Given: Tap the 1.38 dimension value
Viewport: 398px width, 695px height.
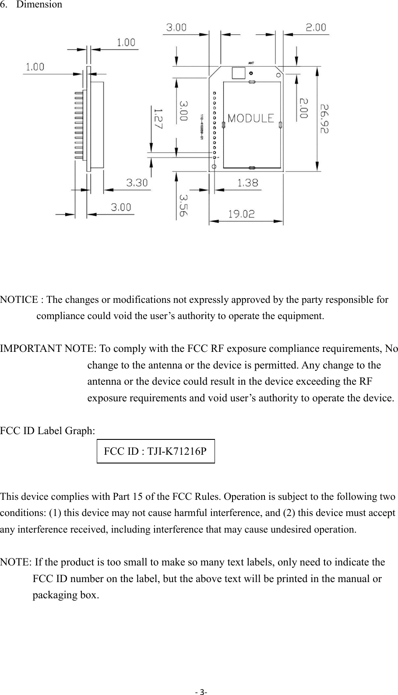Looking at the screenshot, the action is pyautogui.click(x=248, y=183).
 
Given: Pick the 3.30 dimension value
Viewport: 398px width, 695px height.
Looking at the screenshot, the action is pyautogui.click(x=137, y=183).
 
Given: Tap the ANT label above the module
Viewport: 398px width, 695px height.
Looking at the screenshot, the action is pyautogui.click(x=251, y=63).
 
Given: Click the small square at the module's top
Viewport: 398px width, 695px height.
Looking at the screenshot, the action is pyautogui.click(x=238, y=73).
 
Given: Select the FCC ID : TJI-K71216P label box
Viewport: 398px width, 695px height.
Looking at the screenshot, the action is pyautogui.click(x=155, y=451).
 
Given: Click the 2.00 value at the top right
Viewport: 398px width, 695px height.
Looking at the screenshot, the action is pyautogui.click(x=315, y=27).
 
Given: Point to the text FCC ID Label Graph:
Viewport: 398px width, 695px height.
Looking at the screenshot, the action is pyautogui.click(x=47, y=431).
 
